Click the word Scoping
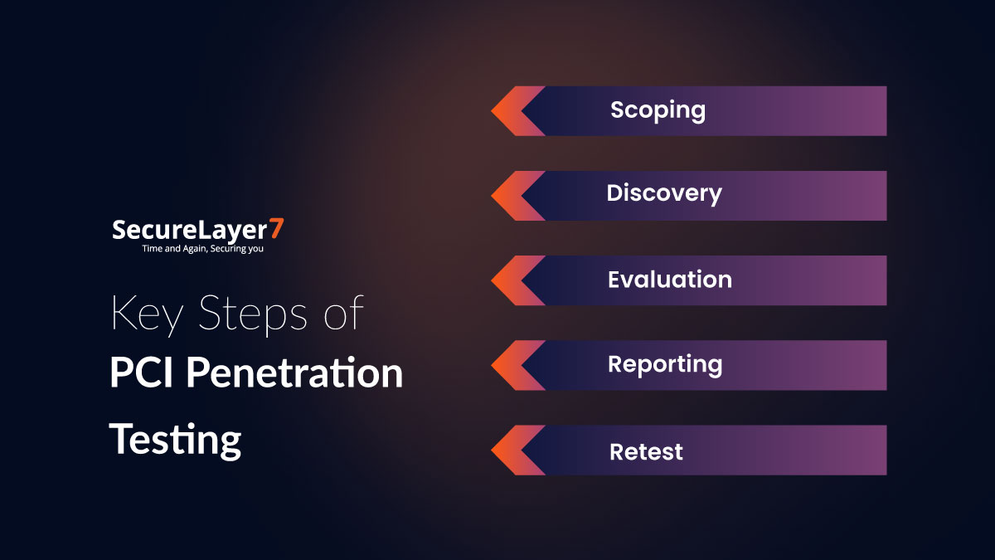[x=658, y=110]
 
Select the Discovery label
[x=663, y=194]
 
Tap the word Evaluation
[x=669, y=280]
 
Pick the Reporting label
[x=664, y=365]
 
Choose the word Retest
[x=646, y=452]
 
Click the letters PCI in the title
[x=143, y=373]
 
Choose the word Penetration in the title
[x=294, y=373]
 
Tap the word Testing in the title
[x=176, y=439]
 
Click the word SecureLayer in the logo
[x=190, y=230]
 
